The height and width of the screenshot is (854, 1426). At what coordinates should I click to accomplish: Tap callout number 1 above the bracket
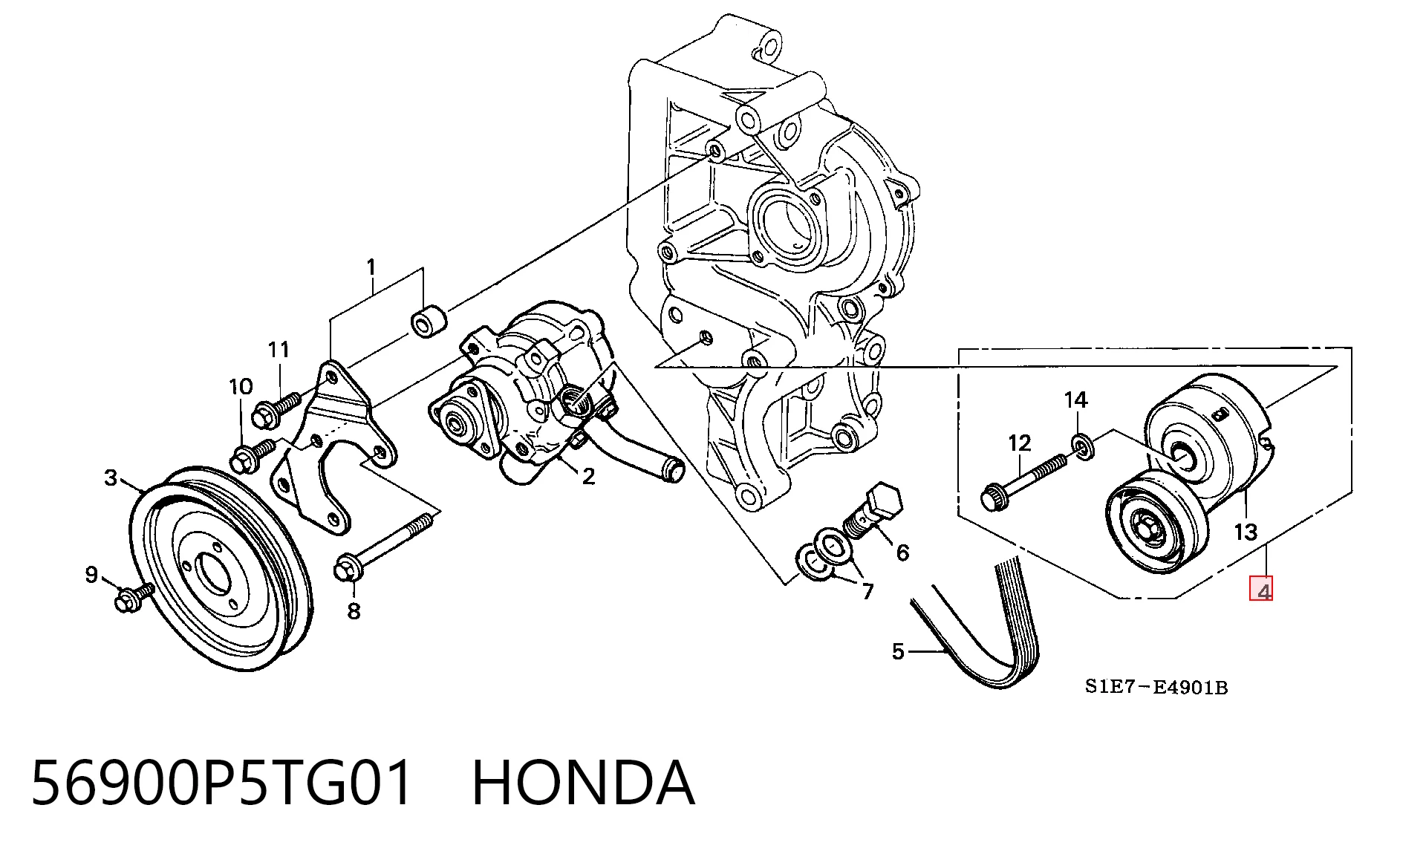point(371,267)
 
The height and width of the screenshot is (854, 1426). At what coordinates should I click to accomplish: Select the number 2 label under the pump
point(588,476)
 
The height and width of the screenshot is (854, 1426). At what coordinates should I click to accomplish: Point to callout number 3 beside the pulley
point(111,477)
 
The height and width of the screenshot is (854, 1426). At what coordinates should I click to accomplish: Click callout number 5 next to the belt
point(899,651)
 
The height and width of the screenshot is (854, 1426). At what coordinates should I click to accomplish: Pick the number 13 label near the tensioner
point(1246,532)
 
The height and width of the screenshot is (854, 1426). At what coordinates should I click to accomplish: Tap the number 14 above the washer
point(1075,400)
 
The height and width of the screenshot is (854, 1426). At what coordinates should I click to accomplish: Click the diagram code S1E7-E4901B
point(1156,687)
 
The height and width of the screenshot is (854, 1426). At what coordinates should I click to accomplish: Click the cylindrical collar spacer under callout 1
point(429,322)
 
